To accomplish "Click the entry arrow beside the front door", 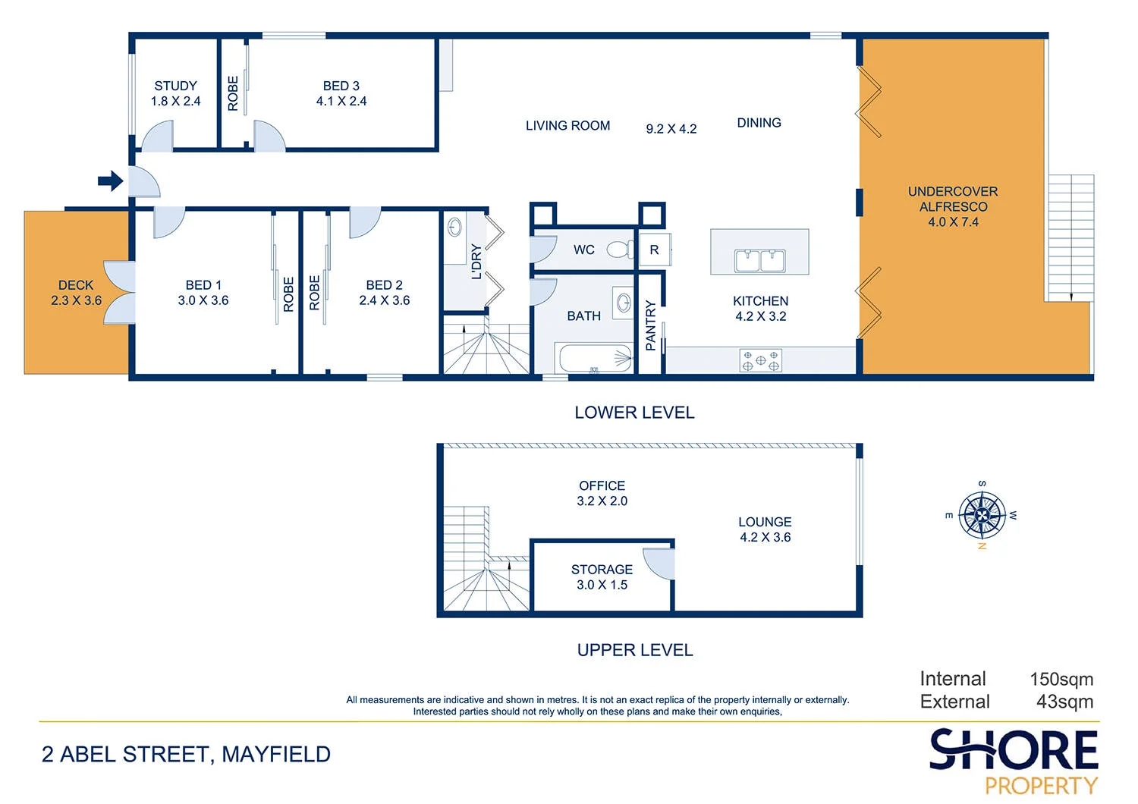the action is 111,181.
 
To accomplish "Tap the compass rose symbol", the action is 982,515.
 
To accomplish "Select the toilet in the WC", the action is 621,250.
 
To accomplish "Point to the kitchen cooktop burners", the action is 760,360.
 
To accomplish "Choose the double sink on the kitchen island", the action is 759,261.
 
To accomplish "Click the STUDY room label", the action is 176,86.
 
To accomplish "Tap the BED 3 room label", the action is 341,86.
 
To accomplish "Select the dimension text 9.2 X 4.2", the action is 671,129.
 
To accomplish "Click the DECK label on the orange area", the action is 76,285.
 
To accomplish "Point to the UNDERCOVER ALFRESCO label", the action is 953,199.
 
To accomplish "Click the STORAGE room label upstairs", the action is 602,570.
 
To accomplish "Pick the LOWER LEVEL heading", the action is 634,413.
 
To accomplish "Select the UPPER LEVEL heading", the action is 635,650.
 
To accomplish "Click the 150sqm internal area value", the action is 1061,679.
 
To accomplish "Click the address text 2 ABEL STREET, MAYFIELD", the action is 186,754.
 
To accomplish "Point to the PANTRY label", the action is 650,325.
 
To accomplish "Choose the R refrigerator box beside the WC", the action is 654,250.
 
